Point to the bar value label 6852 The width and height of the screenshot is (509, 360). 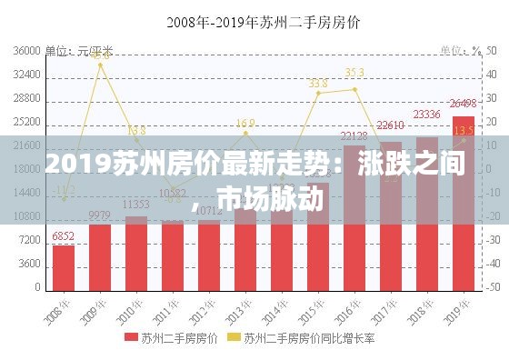[x=64, y=236]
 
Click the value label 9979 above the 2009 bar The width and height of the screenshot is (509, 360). [x=100, y=215]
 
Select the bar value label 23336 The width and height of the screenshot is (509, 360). [x=426, y=115]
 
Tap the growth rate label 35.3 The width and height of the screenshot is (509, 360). [x=354, y=72]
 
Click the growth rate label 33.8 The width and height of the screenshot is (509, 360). [x=318, y=84]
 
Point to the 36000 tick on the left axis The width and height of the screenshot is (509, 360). [x=27, y=51]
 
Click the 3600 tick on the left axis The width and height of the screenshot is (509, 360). [x=30, y=264]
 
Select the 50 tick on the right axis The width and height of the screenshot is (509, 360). [x=492, y=51]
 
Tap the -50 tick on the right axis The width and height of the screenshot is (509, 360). [x=492, y=287]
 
